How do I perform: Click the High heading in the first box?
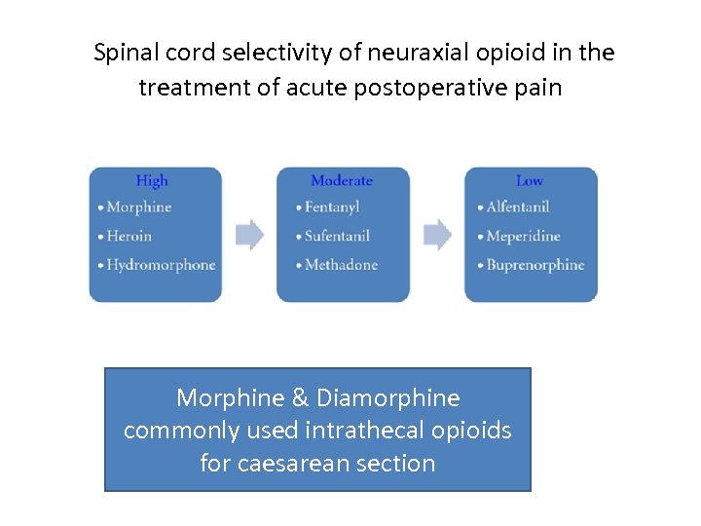pos(152,180)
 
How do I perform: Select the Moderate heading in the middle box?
pos(342,180)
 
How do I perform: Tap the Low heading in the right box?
pos(530,180)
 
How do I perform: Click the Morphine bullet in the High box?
pos(138,207)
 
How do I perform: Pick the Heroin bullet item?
pos(129,236)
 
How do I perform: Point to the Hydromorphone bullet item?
pos(161,265)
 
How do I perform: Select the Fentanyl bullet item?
pos(332,207)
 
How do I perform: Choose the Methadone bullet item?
pos(341,265)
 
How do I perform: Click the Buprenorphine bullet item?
pos(535,265)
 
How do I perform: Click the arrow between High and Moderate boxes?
pos(250,235)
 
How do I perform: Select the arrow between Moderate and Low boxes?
pos(438,235)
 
